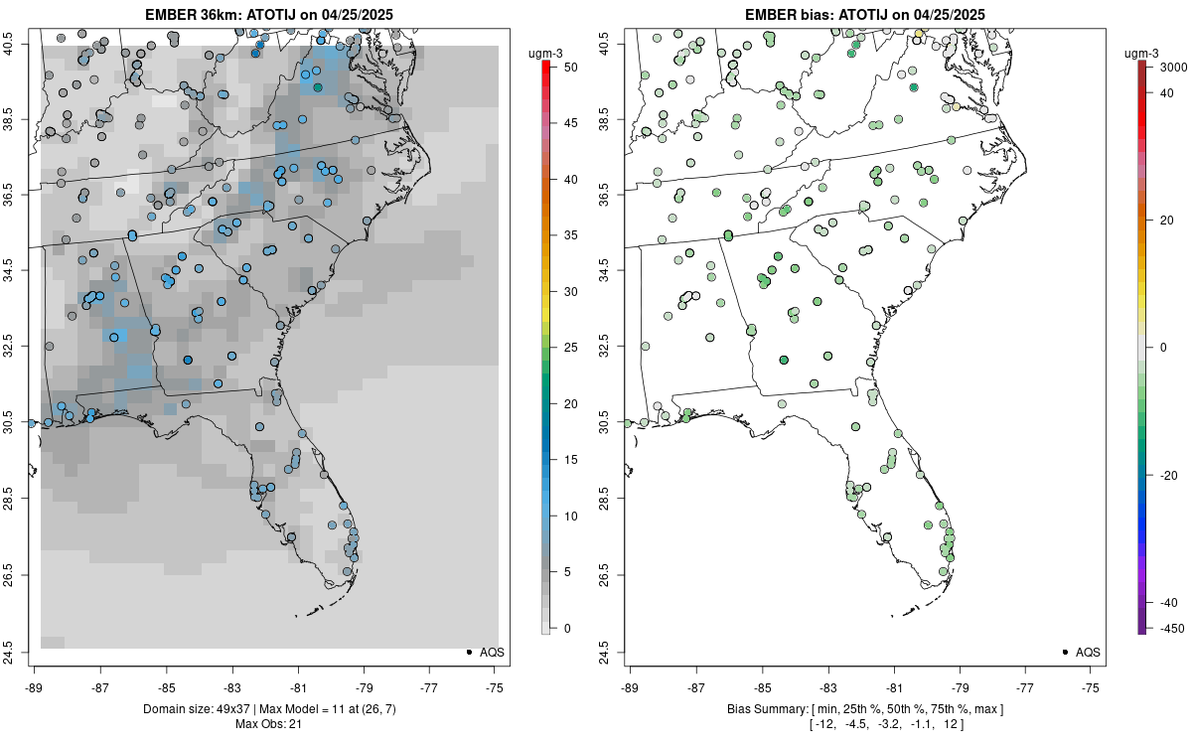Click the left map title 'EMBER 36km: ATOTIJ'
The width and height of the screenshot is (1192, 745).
click(x=269, y=14)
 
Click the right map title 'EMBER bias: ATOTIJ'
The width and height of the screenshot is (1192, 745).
click(x=865, y=14)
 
